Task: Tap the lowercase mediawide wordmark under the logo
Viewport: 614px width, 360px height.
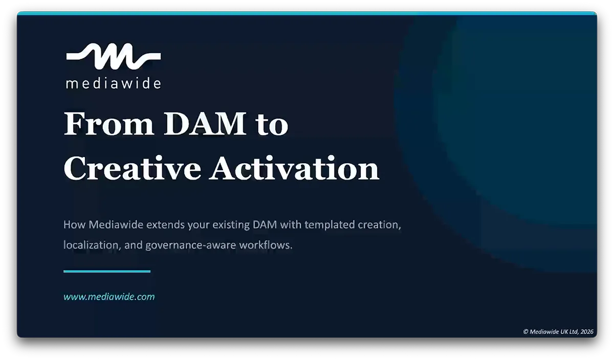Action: tap(113, 83)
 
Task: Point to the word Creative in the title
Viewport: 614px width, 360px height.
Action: tap(132, 169)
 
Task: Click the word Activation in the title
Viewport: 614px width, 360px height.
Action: tap(295, 169)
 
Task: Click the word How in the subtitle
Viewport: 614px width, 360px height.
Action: tap(74, 225)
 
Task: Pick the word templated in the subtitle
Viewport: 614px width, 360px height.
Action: tap(327, 225)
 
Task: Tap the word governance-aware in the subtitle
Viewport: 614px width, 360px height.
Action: tap(188, 245)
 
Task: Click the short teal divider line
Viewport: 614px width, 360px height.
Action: tap(107, 272)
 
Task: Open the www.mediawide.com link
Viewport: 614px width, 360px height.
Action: tap(109, 297)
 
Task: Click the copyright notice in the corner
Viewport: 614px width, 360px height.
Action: tap(558, 331)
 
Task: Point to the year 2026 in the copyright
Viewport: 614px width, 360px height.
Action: tap(586, 331)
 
